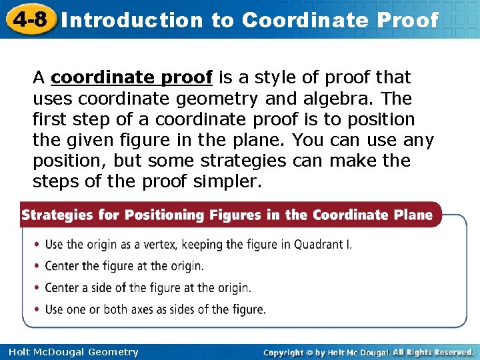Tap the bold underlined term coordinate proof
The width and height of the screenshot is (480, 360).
pyautogui.click(x=131, y=78)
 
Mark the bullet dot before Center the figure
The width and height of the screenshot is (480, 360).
pyautogui.click(x=37, y=267)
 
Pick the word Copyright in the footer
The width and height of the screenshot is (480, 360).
pyautogui.click(x=283, y=352)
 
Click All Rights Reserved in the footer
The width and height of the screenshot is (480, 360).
pyautogui.click(x=433, y=352)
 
